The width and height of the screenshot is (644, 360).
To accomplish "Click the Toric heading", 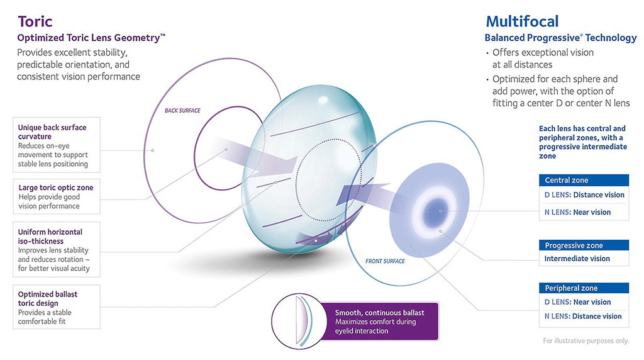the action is pyautogui.click(x=35, y=21).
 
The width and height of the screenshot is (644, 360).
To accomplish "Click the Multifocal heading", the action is pyautogui.click(x=522, y=21).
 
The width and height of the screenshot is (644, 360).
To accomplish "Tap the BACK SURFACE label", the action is pyautogui.click(x=182, y=111).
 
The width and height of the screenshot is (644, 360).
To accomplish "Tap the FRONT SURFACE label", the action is pyautogui.click(x=385, y=261).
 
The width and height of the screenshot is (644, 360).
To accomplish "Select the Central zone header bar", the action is pyautogui.click(x=584, y=180).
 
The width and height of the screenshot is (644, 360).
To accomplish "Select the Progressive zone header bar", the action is pyautogui.click(x=584, y=245).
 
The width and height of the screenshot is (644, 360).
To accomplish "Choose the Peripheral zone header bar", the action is pyautogui.click(x=584, y=288).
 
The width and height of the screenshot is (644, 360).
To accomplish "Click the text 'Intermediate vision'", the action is pyautogui.click(x=577, y=259).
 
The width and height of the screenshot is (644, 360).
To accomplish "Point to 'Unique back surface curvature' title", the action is pyautogui.click(x=52, y=132).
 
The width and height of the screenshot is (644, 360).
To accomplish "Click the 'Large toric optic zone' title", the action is pyautogui.click(x=56, y=188).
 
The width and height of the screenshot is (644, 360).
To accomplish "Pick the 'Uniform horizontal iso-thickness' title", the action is pyautogui.click(x=50, y=236).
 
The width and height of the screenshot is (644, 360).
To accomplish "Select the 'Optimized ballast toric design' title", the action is pyautogui.click(x=48, y=299).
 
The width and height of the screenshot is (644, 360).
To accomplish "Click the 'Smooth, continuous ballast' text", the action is pyautogui.click(x=379, y=313).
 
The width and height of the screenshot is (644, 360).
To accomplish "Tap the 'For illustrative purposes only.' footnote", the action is pyautogui.click(x=586, y=340).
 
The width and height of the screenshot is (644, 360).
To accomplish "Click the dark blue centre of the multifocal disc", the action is pyautogui.click(x=438, y=211).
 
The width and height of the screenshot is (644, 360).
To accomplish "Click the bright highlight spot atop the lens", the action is pyautogui.click(x=323, y=100).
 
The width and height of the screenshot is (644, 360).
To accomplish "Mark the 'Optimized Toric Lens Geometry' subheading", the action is pyautogui.click(x=91, y=38).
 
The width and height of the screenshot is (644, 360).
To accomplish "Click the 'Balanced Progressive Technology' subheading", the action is pyautogui.click(x=560, y=38).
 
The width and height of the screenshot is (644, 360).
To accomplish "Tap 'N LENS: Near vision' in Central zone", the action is pyautogui.click(x=577, y=212).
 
